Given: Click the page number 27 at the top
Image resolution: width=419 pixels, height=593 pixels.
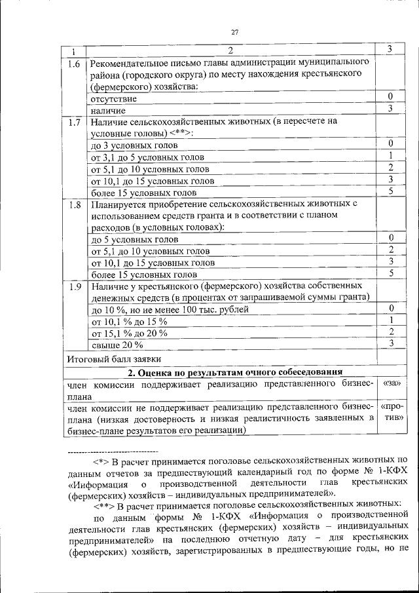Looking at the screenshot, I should [235, 32].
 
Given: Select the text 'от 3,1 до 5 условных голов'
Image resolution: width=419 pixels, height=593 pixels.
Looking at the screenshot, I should [148, 157].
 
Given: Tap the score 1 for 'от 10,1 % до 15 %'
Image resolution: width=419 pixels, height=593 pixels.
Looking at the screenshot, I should [390, 320].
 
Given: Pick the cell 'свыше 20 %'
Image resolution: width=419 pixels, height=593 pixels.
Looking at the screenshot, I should [117, 345].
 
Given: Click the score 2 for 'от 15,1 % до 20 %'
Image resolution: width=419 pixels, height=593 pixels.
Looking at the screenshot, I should [390, 332].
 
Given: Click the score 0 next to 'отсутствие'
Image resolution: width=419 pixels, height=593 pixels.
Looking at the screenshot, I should [390, 97].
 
